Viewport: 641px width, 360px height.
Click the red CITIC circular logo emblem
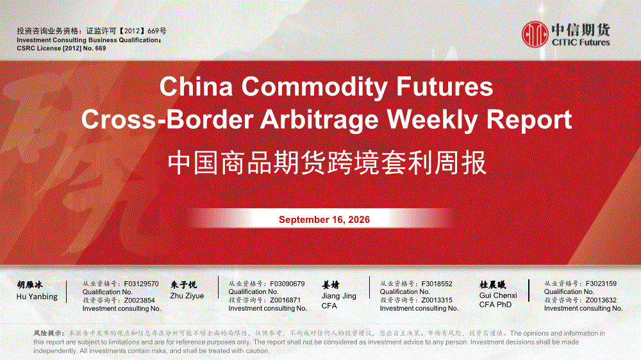tap(535, 35)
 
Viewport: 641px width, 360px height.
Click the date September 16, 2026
tap(324, 220)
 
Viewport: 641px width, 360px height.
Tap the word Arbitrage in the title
tap(319, 120)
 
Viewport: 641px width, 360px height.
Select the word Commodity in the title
tap(314, 86)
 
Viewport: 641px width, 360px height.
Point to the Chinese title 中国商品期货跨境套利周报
tap(327, 163)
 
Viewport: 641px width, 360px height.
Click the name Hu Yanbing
tap(37, 297)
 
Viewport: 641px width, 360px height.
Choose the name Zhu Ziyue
tap(187, 296)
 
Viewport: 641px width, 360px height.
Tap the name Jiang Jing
tap(338, 296)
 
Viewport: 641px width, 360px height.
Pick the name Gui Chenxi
tap(498, 295)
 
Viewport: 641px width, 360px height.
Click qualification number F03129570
tap(141, 284)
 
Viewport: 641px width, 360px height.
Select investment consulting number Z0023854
tap(139, 300)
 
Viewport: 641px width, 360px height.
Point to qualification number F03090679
tap(287, 284)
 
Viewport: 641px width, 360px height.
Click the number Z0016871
tap(285, 300)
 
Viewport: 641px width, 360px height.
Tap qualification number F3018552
tap(437, 284)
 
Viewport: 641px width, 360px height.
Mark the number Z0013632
tap(601, 300)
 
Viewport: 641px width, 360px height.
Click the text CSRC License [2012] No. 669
tap(62, 48)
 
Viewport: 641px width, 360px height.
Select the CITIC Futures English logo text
tap(581, 42)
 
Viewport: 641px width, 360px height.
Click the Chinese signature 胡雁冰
tap(30, 285)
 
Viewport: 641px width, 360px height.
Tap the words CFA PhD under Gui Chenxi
tap(495, 305)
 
